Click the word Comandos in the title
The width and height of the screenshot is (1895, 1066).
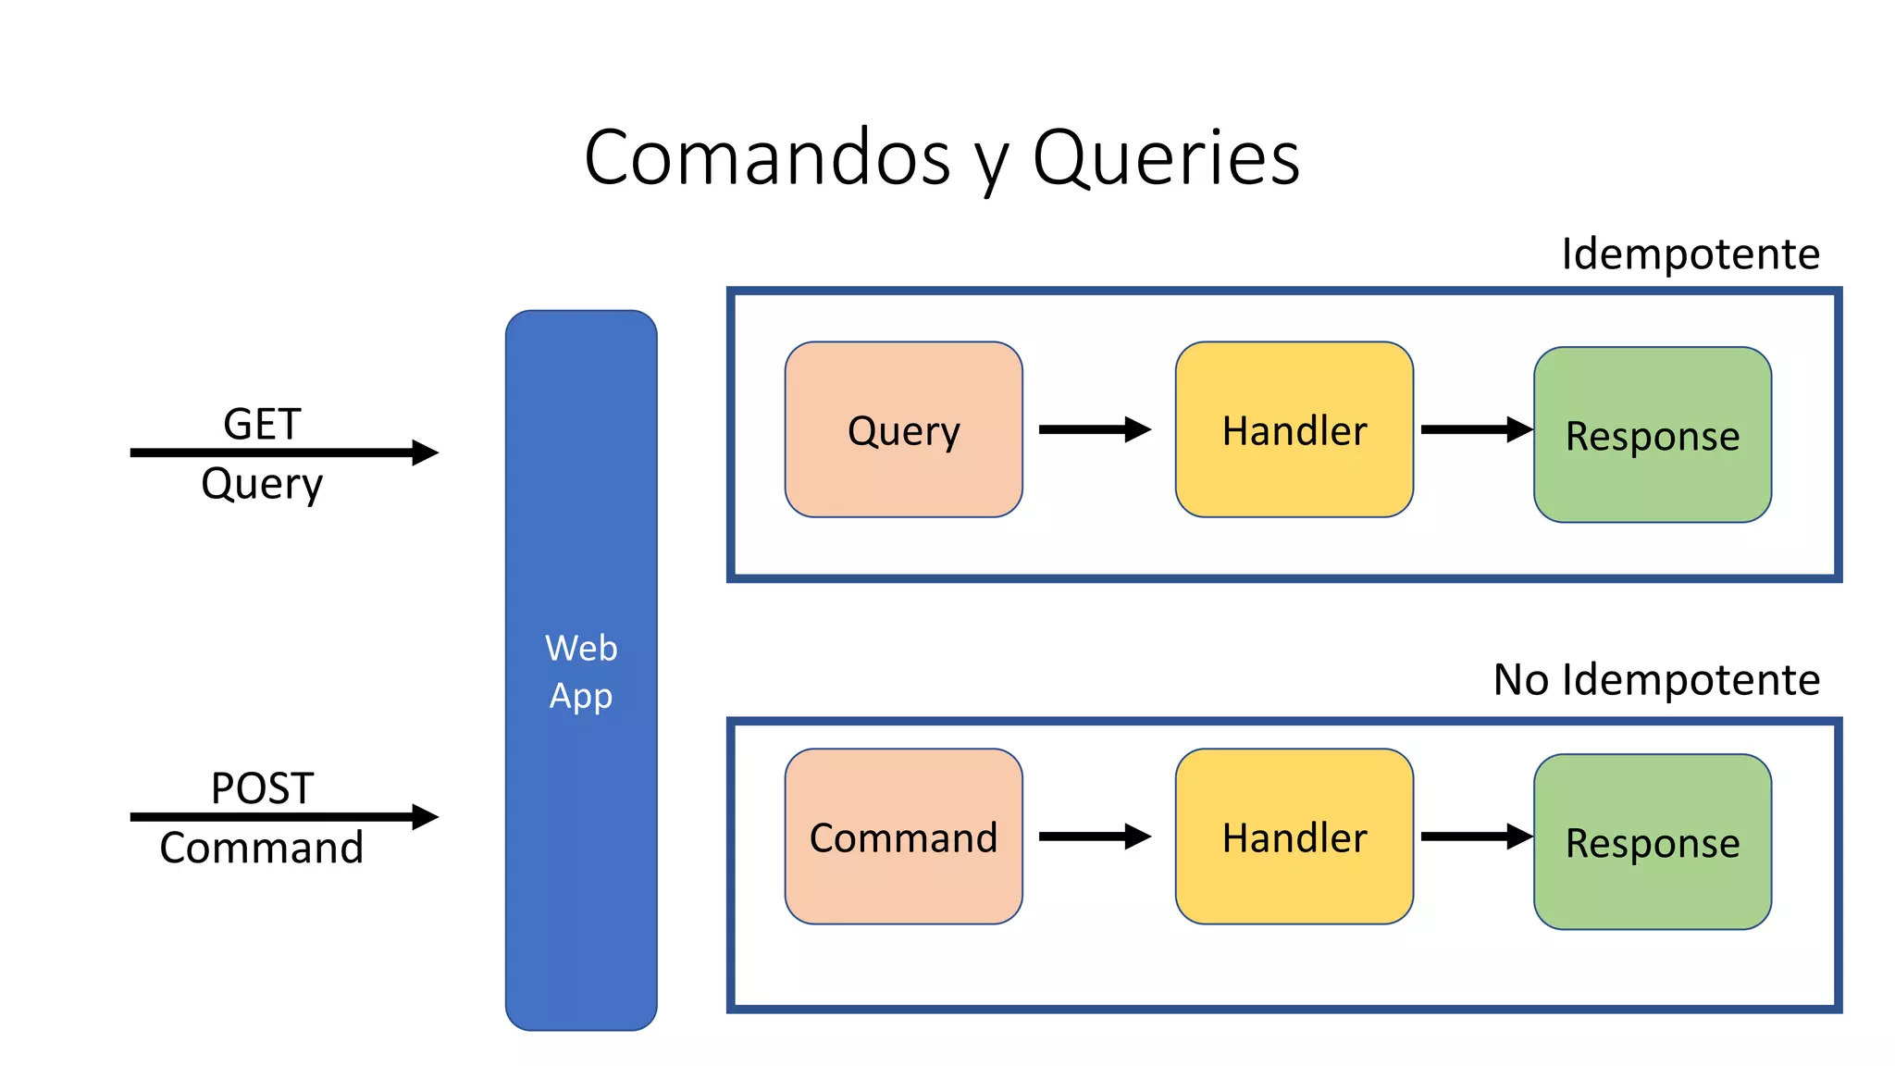click(x=767, y=157)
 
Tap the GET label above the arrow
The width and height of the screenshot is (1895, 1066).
click(x=262, y=424)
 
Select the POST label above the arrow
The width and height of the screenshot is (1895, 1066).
click(x=262, y=788)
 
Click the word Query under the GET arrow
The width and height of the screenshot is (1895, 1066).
click(x=262, y=484)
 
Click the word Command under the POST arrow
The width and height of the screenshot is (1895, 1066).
click(x=262, y=848)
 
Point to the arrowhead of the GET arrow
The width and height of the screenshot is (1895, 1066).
click(x=426, y=452)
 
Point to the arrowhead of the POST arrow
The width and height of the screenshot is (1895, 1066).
click(x=426, y=816)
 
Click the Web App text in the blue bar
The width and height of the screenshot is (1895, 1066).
click(x=581, y=672)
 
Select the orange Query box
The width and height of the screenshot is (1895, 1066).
click(x=903, y=429)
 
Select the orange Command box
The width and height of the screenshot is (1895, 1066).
click(x=903, y=837)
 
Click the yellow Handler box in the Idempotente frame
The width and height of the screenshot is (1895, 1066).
click(x=1294, y=429)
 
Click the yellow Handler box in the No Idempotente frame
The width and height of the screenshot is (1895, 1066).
click(x=1294, y=837)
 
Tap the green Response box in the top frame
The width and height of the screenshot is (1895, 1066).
click(x=1652, y=435)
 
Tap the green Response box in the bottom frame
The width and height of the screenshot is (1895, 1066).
click(x=1652, y=842)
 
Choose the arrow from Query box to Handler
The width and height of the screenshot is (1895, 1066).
click(x=1094, y=429)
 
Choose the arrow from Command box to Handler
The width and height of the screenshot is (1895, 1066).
click(x=1094, y=837)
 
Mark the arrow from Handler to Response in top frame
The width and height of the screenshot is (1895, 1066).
click(x=1475, y=429)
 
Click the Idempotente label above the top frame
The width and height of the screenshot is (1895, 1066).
click(x=1690, y=254)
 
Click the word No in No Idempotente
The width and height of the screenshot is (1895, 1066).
click(x=1520, y=679)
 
